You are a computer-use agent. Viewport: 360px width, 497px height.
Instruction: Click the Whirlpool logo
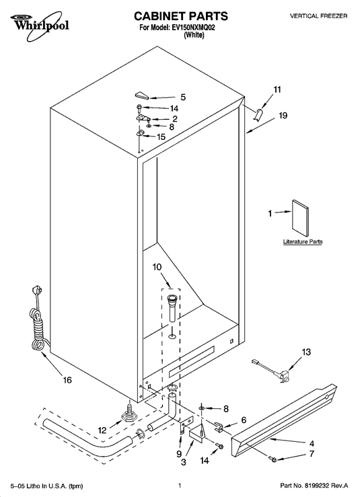point(39,22)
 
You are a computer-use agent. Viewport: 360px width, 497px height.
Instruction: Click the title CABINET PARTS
point(181,16)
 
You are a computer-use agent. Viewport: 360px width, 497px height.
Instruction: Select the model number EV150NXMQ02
point(193,28)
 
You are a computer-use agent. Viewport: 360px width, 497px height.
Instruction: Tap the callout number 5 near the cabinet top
point(183,97)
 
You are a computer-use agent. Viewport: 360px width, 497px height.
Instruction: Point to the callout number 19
point(283,116)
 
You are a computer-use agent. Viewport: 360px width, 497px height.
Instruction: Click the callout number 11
point(277,89)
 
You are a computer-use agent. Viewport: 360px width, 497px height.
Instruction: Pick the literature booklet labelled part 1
point(299,218)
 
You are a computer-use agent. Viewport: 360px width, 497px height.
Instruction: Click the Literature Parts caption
point(303,241)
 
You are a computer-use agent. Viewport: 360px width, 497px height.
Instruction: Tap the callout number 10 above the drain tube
point(157,267)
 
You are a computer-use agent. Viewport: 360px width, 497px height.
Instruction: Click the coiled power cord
point(38,320)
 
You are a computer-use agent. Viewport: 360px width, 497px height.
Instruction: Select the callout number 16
point(67,380)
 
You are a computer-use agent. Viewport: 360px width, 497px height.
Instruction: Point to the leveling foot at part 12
point(129,414)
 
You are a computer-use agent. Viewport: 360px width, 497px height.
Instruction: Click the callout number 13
point(306,352)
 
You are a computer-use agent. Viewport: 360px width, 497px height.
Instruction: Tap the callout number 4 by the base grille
point(312,443)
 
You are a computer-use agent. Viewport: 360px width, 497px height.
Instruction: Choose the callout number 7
point(312,454)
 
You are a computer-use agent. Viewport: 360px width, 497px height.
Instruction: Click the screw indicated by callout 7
point(272,459)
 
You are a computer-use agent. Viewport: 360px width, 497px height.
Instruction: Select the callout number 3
point(184,463)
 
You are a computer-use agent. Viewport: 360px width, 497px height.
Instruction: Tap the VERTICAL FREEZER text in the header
point(318,16)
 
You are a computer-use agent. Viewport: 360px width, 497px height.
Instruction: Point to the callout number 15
point(161,137)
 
